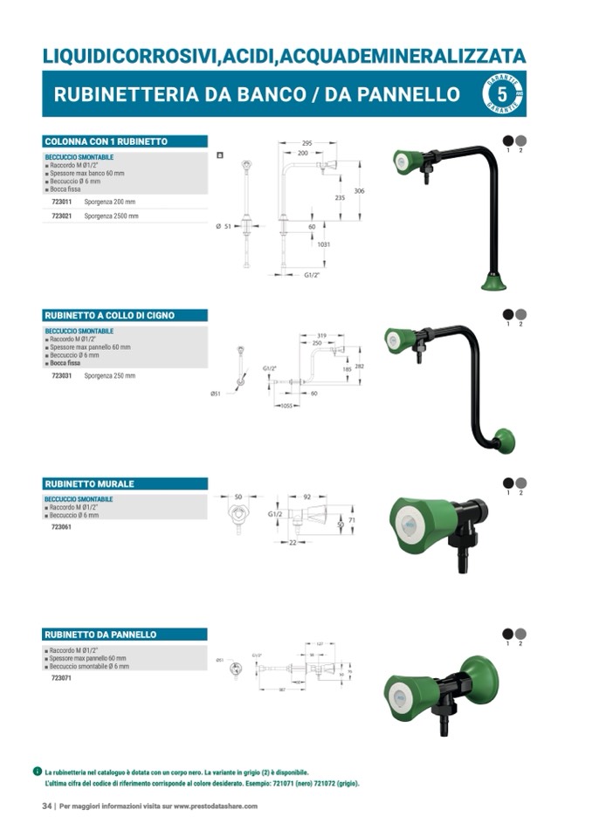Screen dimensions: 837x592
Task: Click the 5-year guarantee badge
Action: click(502, 94)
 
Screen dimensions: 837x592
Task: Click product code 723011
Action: click(61, 202)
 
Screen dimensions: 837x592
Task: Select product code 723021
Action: click(61, 215)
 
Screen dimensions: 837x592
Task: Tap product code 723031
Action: click(61, 375)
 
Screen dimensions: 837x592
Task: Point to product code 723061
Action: click(61, 527)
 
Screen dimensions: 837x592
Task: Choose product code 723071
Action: click(61, 677)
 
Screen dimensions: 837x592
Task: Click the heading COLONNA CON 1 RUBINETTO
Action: click(106, 141)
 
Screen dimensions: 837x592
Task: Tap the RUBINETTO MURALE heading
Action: click(89, 484)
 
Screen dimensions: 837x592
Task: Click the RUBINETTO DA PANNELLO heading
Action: click(100, 635)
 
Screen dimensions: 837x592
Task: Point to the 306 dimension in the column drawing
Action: click(359, 190)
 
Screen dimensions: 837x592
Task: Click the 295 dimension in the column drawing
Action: click(306, 143)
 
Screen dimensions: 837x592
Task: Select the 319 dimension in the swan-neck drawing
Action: click(321, 335)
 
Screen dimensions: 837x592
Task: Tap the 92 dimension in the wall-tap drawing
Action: click(307, 497)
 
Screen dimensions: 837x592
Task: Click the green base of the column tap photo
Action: click(495, 281)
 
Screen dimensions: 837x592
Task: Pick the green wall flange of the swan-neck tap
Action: click(504, 441)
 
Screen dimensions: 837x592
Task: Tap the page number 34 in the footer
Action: click(47, 806)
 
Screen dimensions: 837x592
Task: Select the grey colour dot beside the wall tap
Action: click(520, 483)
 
